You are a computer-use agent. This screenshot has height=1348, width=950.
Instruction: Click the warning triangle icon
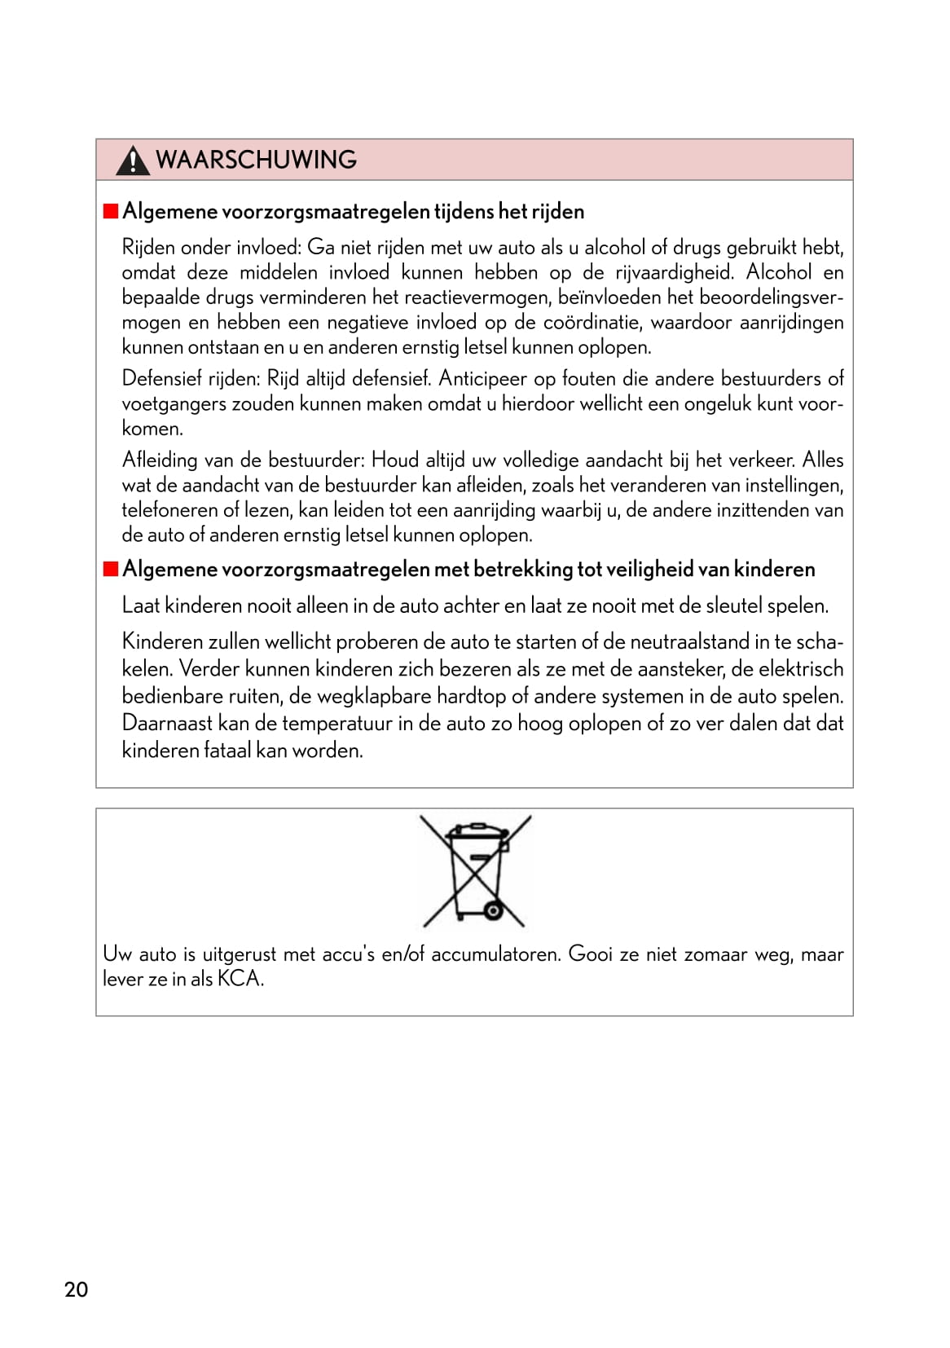pos(132,161)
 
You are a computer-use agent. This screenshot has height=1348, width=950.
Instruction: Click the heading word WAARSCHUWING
pos(256,160)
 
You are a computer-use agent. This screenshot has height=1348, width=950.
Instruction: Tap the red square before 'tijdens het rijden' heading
pos(111,212)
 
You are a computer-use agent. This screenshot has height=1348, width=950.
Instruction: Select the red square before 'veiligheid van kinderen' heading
pos(111,569)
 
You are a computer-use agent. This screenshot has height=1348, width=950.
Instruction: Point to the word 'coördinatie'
pos(590,323)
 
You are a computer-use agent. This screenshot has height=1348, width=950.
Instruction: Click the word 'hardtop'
pos(471,697)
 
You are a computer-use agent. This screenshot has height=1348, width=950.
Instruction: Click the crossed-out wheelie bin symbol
pos(476,870)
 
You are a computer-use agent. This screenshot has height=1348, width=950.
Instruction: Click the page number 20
pos(76,1289)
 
